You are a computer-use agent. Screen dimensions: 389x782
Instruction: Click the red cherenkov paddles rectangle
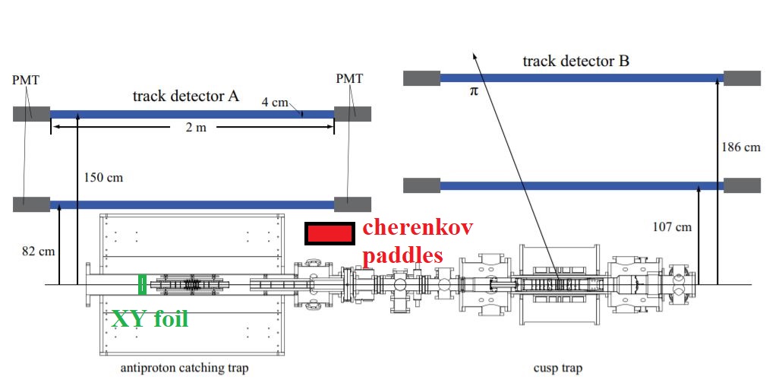[329, 233]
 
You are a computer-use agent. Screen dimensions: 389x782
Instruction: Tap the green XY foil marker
[141, 283]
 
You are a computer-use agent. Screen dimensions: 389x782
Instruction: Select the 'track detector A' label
[186, 96]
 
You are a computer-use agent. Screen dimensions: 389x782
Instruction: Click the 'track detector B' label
[575, 61]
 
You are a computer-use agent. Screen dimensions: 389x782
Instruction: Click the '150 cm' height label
[103, 177]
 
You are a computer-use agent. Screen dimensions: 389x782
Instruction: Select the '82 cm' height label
[38, 249]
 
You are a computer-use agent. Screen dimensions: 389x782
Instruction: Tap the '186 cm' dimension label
[741, 147]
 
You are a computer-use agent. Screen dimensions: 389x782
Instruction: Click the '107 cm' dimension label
[672, 226]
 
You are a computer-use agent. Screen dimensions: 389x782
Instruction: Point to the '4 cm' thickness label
[274, 101]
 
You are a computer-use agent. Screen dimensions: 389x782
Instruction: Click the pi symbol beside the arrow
[475, 90]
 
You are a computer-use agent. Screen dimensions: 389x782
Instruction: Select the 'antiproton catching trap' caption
[185, 368]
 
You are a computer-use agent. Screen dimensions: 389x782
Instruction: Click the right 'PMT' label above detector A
[348, 78]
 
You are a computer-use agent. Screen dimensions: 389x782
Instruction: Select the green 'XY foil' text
[150, 318]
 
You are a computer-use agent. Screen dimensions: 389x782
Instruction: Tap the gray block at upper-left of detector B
[421, 77]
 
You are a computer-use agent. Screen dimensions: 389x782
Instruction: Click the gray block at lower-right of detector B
[742, 185]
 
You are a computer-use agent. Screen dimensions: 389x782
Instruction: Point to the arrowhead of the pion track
[475, 54]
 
